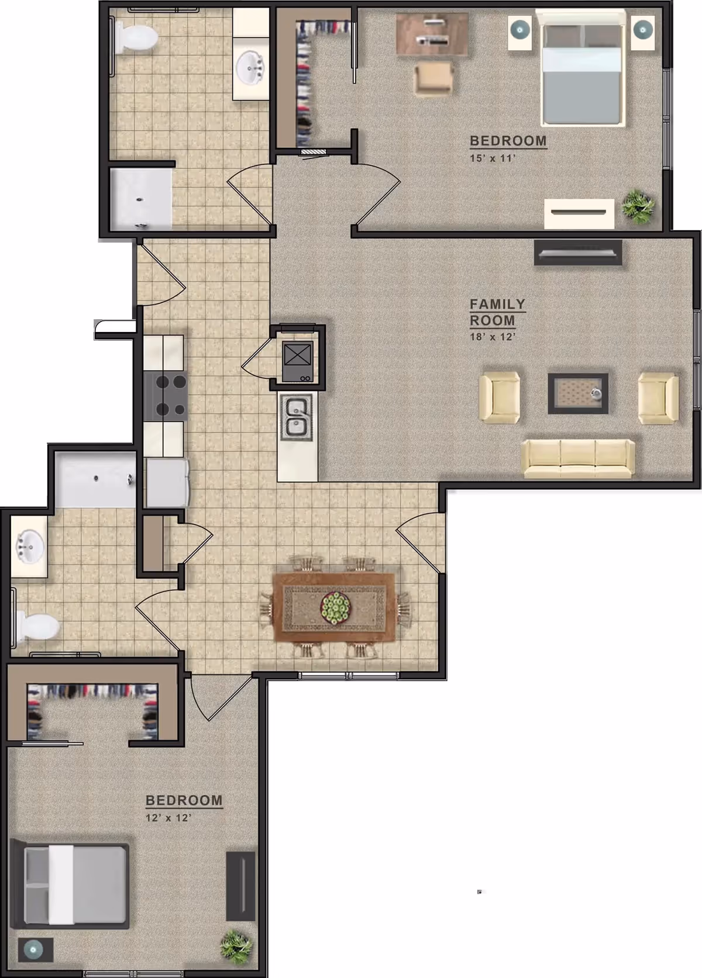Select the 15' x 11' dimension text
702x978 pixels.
coord(492,158)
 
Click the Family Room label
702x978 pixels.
coord(497,312)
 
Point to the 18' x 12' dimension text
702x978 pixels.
coord(492,337)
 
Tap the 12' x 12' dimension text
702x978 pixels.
coord(168,817)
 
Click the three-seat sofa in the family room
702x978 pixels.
coord(577,458)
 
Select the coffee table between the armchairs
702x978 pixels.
coord(577,393)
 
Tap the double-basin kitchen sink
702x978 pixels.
coord(298,417)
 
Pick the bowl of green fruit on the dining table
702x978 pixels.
coord(336,607)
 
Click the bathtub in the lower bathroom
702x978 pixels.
coord(97,480)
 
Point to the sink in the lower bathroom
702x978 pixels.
coord(29,545)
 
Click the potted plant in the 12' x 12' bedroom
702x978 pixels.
coord(237,945)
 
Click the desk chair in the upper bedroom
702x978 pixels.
coord(434,79)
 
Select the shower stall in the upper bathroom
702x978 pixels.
coord(141,199)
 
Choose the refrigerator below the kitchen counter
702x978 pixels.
coord(167,483)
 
